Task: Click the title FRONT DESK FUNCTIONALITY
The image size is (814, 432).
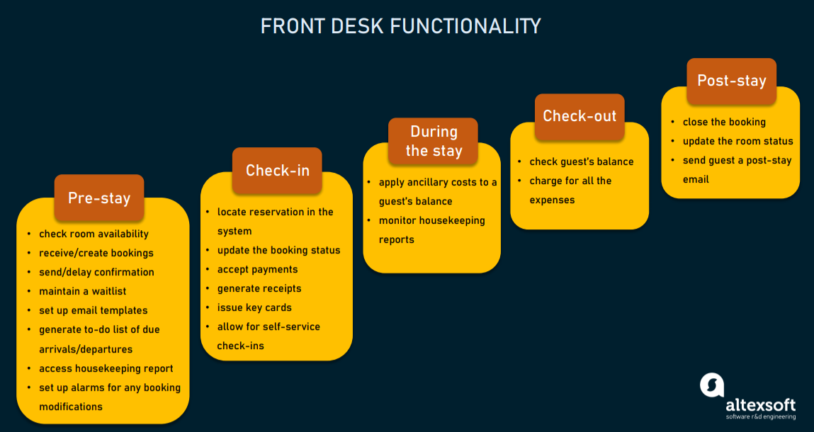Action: (x=401, y=26)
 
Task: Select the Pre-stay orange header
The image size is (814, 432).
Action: (x=99, y=198)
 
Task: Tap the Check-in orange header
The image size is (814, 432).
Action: (x=277, y=170)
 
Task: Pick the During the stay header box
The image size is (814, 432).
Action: (x=433, y=141)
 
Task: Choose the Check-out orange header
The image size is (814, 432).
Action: (x=579, y=116)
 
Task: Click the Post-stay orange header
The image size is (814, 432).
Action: (x=731, y=81)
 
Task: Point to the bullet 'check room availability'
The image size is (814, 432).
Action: (x=94, y=234)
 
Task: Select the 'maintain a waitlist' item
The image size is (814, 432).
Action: (x=82, y=291)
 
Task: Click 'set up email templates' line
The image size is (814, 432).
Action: (x=93, y=310)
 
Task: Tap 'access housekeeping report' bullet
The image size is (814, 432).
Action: (x=106, y=368)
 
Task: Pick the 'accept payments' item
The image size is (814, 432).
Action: (x=257, y=269)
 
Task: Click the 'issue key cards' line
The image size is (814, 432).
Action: (x=254, y=307)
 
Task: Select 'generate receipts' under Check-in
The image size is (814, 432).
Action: (x=259, y=288)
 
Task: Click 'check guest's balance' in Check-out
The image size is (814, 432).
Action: (x=581, y=161)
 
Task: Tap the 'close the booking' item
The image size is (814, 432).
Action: (x=724, y=122)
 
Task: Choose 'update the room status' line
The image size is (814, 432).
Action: (x=737, y=141)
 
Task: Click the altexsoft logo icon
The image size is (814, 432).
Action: (x=712, y=385)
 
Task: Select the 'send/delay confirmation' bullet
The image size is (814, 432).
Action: (x=96, y=272)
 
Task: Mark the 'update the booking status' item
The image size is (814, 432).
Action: (x=278, y=250)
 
